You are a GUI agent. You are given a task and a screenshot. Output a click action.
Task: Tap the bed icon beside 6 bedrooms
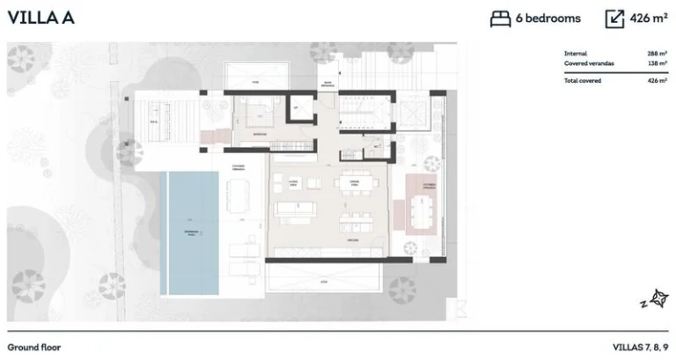(x=500, y=18)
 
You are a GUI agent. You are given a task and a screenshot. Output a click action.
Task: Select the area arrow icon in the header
(x=615, y=18)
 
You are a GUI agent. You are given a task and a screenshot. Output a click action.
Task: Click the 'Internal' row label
(x=576, y=54)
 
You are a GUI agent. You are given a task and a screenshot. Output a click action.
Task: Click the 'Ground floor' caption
(x=34, y=347)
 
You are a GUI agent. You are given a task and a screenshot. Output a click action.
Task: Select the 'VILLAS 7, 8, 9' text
(x=640, y=347)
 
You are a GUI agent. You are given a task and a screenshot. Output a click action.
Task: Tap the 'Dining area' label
(x=352, y=182)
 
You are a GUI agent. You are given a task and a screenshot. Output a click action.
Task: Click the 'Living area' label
(x=293, y=182)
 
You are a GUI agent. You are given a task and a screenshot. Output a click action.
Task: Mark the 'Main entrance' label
(x=327, y=84)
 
